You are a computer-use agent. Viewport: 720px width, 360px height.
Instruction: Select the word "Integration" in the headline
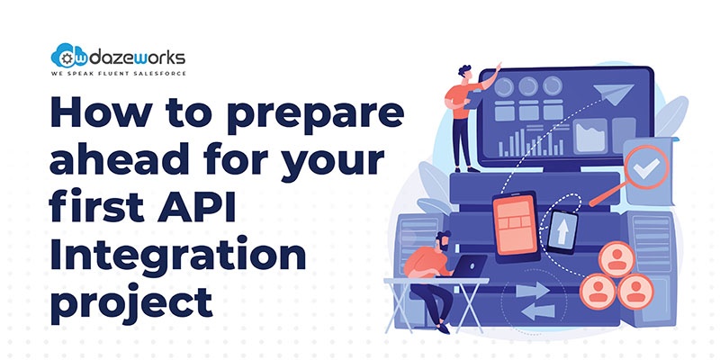[x=178, y=256]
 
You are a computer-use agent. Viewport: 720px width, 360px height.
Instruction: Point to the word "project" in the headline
[x=131, y=302]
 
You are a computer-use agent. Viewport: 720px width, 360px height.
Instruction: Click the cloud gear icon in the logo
[x=63, y=56]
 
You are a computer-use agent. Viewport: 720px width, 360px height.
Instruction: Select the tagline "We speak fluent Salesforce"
[x=119, y=74]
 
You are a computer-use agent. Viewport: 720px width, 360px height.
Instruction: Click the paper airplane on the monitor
[x=613, y=94]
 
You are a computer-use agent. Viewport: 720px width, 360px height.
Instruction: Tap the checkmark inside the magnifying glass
[x=646, y=168]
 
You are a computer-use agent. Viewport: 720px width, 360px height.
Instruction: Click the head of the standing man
[x=464, y=73]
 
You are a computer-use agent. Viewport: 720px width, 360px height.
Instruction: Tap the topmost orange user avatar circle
[x=617, y=259]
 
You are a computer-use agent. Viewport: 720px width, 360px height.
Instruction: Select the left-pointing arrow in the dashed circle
[x=538, y=312]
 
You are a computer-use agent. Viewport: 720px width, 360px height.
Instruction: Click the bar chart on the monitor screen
[x=530, y=142]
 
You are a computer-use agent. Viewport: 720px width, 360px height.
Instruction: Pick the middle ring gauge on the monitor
[x=528, y=86]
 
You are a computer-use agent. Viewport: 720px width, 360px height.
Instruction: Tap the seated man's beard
[x=445, y=247]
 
